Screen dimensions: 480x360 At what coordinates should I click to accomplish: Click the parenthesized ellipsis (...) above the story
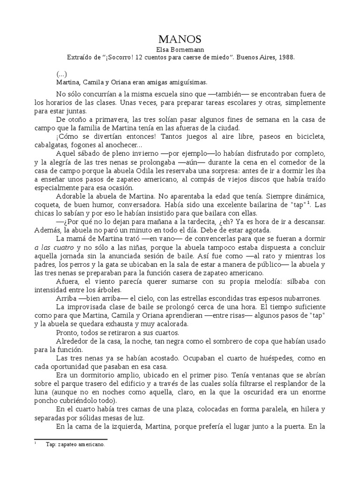(61, 74)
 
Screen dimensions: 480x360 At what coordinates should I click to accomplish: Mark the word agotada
(254, 230)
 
